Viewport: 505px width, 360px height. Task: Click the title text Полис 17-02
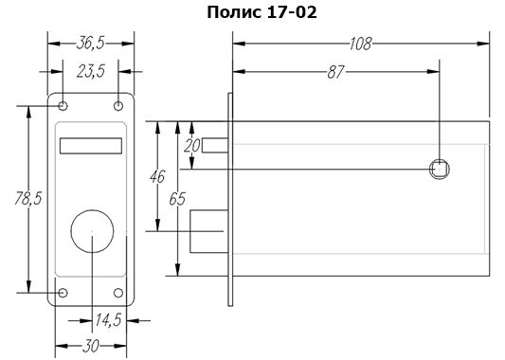(x=262, y=12)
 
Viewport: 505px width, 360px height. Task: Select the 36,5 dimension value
(x=91, y=44)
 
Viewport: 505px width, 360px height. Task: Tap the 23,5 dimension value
(x=91, y=71)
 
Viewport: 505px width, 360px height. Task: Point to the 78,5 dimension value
(x=28, y=198)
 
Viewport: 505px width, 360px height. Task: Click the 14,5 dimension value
(x=108, y=320)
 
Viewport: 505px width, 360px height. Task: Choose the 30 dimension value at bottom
(x=91, y=346)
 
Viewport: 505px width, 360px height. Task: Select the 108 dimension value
(x=361, y=44)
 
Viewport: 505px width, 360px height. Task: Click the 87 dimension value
(x=335, y=72)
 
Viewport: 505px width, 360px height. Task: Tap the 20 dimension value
(x=192, y=146)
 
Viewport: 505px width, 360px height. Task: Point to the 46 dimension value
(x=157, y=176)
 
